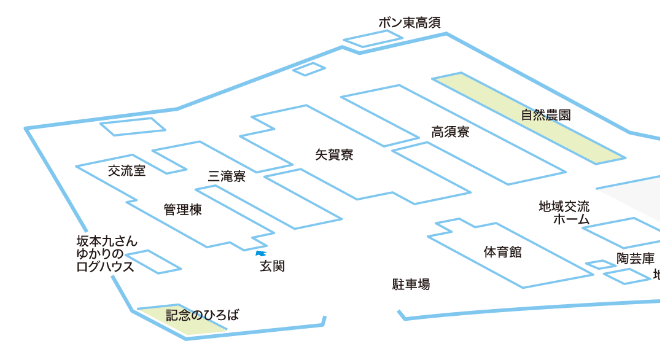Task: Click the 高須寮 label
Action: [x=451, y=131]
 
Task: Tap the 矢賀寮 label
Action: [x=333, y=155]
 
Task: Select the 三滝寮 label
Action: [x=227, y=176]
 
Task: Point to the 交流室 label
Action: [x=127, y=171]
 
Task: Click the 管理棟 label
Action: [x=183, y=210]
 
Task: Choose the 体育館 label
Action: [x=502, y=251]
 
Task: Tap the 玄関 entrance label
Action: [x=273, y=267]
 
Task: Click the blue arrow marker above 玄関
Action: [x=261, y=253]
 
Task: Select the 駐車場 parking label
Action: [x=410, y=285]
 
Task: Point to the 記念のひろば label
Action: [x=203, y=315]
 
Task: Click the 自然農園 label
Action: [x=546, y=115]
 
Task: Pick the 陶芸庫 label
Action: [x=636, y=258]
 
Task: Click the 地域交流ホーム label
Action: [x=564, y=212]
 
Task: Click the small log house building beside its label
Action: [x=152, y=262]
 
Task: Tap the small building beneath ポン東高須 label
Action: [x=372, y=40]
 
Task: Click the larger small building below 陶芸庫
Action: [x=628, y=275]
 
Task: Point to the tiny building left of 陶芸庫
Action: [x=599, y=265]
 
